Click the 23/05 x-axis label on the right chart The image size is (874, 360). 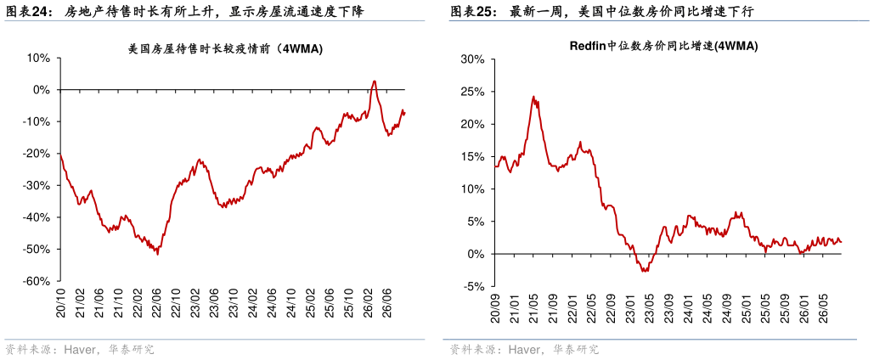[649, 308]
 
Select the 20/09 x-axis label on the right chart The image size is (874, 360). [495, 308]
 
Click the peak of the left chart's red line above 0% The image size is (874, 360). [375, 82]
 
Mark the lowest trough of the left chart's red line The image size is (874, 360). [158, 255]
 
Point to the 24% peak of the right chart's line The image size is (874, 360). [533, 97]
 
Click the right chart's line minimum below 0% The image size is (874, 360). [644, 271]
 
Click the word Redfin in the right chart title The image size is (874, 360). [587, 47]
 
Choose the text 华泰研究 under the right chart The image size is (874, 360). [576, 350]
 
